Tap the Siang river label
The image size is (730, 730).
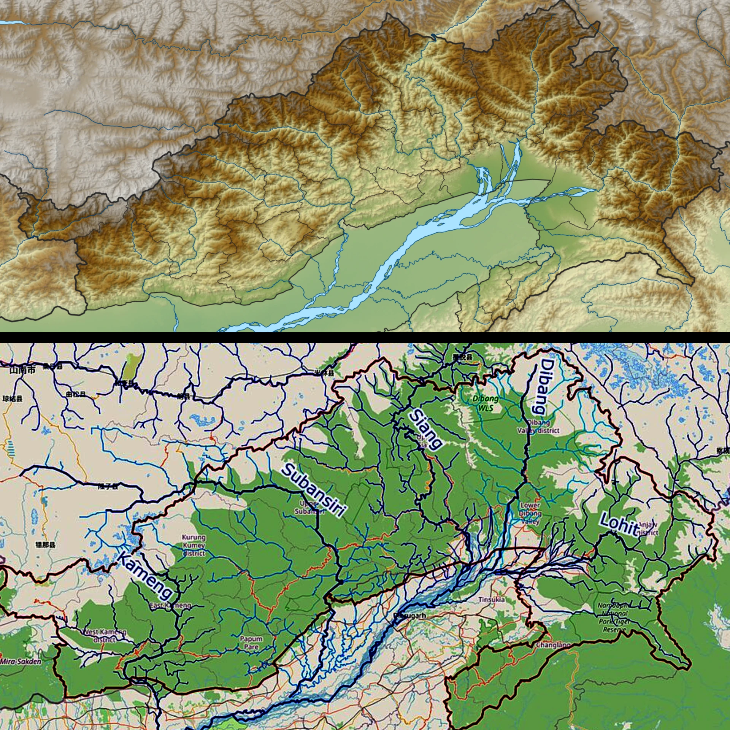[426, 428]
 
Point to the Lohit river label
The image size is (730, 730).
[619, 524]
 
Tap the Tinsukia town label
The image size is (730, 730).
[492, 600]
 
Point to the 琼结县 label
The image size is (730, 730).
[12, 399]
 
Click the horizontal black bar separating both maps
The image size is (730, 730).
[365, 338]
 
